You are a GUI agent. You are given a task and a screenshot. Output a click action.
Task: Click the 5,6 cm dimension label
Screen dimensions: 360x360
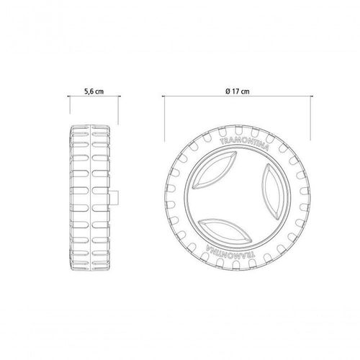pyautogui.click(x=94, y=91)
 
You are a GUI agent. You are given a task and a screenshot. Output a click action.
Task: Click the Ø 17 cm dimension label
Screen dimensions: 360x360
pyautogui.click(x=238, y=91)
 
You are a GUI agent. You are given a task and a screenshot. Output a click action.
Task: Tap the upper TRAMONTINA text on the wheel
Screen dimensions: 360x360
pyautogui.click(x=244, y=143)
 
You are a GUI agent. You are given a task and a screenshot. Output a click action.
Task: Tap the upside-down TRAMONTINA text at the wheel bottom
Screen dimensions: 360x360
pyautogui.click(x=230, y=253)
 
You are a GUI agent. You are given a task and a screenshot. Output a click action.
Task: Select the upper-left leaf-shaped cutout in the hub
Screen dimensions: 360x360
pyautogui.click(x=215, y=170)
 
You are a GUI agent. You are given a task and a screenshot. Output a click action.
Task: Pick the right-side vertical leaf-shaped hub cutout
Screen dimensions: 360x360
pyautogui.click(x=273, y=192)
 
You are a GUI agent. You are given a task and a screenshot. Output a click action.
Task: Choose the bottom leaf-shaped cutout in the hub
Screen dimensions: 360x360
pyautogui.click(x=225, y=231)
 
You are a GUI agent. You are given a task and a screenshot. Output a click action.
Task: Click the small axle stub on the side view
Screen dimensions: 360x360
pyautogui.click(x=114, y=198)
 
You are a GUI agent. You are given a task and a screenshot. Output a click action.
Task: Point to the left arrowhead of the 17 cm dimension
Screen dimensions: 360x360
pyautogui.click(x=163, y=96)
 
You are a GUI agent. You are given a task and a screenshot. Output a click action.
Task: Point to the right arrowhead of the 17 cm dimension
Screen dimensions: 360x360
pyautogui.click(x=312, y=96)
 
